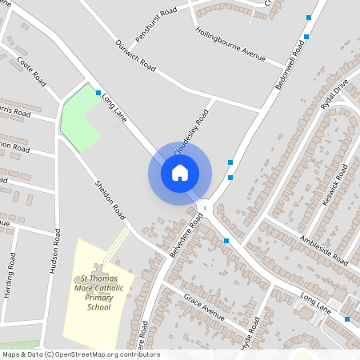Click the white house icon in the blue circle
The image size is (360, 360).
(x=180, y=172)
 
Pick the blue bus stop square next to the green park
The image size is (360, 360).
(x=98, y=94)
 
